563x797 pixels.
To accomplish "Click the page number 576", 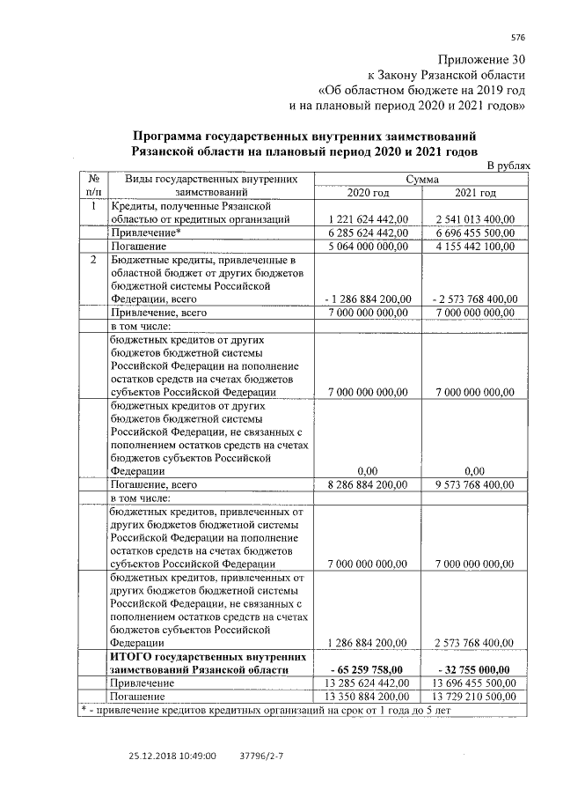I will click(517, 37).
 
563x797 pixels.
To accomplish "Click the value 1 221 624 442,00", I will click(368, 218).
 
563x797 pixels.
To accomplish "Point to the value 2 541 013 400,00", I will click(475, 218).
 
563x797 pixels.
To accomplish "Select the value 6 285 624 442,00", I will click(368, 232).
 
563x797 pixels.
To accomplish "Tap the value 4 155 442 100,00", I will click(475, 247).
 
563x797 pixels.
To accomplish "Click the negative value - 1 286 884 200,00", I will click(368, 299).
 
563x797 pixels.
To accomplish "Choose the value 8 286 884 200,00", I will click(368, 483).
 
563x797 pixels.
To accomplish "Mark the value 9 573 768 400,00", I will click(475, 483).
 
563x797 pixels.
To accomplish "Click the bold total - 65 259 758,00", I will click(368, 669).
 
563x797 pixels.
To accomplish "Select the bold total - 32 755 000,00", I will click(475, 669).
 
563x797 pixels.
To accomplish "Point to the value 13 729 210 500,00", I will click(475, 696).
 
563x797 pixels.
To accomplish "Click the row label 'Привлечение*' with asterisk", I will click(144, 232).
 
